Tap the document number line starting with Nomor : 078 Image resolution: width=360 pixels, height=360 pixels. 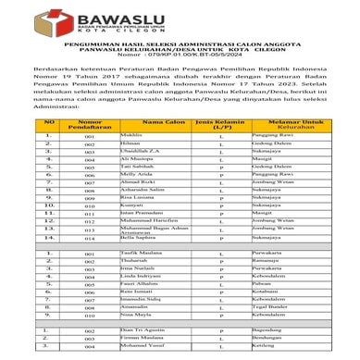coord(180,68)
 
